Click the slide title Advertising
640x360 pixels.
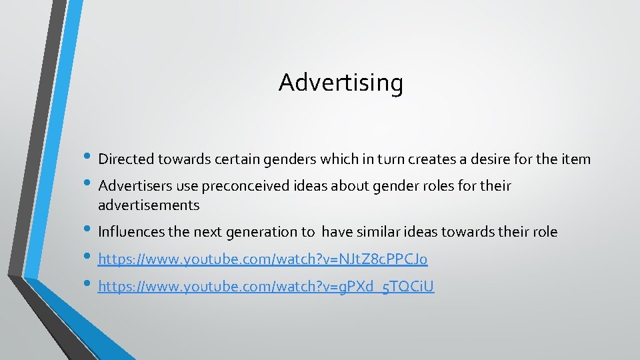341,83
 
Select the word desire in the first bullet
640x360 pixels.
486,159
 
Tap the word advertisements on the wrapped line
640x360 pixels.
149,205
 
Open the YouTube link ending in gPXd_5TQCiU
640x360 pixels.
265,287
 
